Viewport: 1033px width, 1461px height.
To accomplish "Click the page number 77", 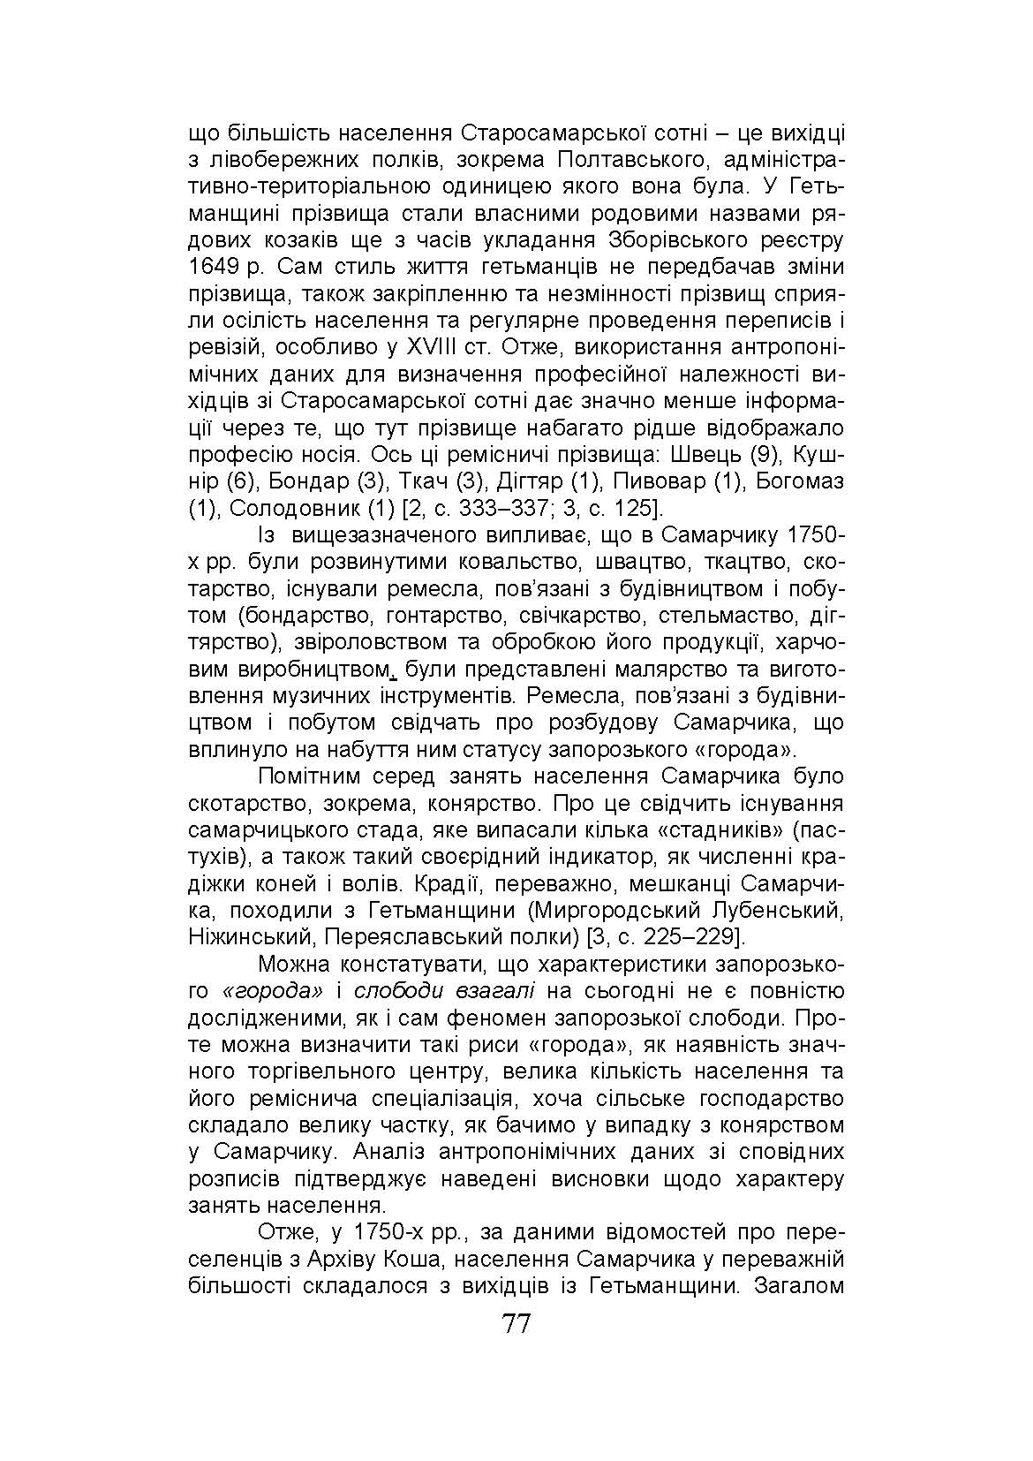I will click(x=516, y=1324).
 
